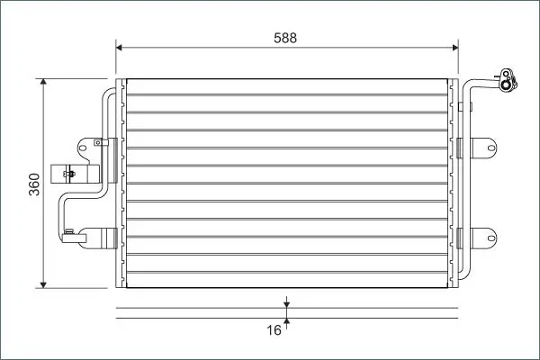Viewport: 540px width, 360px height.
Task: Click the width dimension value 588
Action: [x=285, y=38]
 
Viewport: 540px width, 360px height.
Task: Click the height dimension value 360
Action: [x=34, y=184]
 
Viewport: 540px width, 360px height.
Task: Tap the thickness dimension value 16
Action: [x=274, y=330]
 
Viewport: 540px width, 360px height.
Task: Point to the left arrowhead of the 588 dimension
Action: [x=119, y=47]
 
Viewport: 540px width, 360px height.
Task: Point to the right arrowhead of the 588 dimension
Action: [x=454, y=47]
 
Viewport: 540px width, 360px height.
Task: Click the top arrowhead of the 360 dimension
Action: [x=43, y=82]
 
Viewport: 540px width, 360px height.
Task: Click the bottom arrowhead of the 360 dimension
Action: [x=43, y=285]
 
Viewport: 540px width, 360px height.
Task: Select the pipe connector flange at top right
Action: [x=508, y=81]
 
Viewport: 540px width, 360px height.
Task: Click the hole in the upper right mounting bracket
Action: [x=491, y=148]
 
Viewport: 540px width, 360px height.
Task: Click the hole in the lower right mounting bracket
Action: [x=491, y=238]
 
